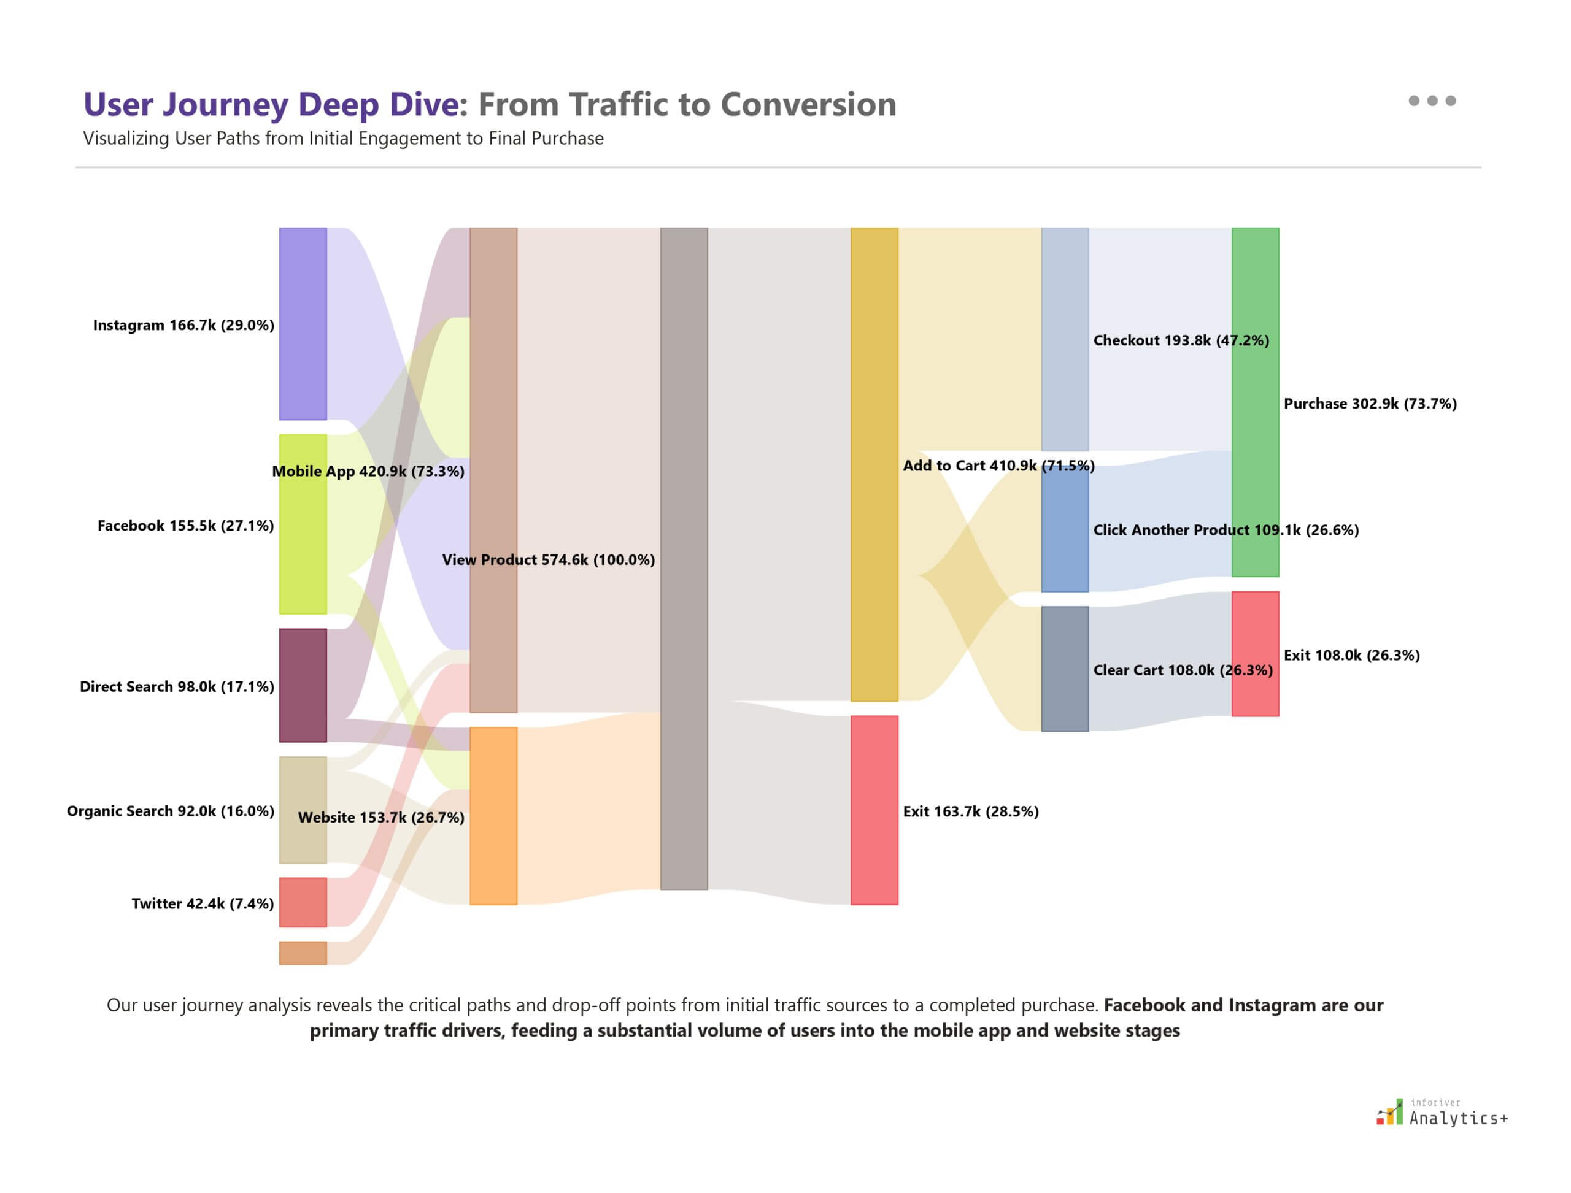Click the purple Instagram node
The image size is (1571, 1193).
tap(303, 323)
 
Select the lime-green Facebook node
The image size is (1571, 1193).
tap(303, 524)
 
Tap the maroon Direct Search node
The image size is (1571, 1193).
tap(303, 685)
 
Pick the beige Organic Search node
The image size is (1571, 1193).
tap(303, 810)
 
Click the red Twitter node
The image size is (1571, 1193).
tap(303, 902)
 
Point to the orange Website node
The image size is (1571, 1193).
tap(493, 815)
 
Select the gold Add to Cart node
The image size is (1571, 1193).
tap(874, 464)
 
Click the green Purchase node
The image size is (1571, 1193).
tap(1255, 402)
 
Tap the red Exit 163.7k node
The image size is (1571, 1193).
tap(874, 810)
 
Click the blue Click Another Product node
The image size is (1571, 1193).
tap(1064, 529)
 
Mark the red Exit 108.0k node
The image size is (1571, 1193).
tap(1255, 653)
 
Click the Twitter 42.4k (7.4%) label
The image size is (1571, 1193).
tap(203, 903)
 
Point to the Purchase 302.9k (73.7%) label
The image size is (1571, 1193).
tap(1369, 404)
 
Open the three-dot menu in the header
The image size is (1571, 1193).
tap(1432, 101)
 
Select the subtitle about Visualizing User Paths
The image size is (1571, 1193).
tap(343, 139)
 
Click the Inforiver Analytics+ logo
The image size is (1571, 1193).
tap(1441, 1113)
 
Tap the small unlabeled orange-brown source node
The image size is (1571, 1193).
tap(303, 953)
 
